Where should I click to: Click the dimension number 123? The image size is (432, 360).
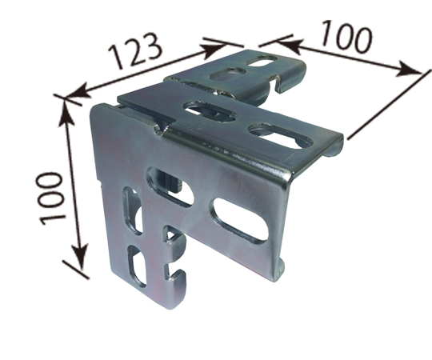(x=134, y=51)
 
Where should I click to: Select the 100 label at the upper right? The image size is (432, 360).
(x=346, y=35)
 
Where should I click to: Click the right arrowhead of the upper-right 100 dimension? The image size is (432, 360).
(x=409, y=70)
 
